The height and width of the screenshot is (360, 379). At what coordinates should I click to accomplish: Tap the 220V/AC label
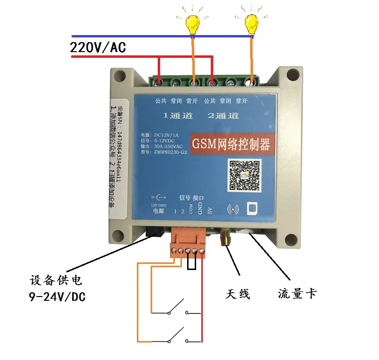[98, 48]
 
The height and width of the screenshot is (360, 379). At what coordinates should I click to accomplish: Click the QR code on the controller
[245, 175]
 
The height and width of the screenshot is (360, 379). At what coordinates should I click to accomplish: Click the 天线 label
[237, 294]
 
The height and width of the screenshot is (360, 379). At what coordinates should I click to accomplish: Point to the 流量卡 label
[297, 294]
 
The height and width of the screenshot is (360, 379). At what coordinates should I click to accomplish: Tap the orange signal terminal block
[189, 240]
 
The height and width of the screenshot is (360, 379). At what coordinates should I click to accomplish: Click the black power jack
[154, 231]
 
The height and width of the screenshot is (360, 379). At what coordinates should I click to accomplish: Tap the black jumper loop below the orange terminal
[191, 264]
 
